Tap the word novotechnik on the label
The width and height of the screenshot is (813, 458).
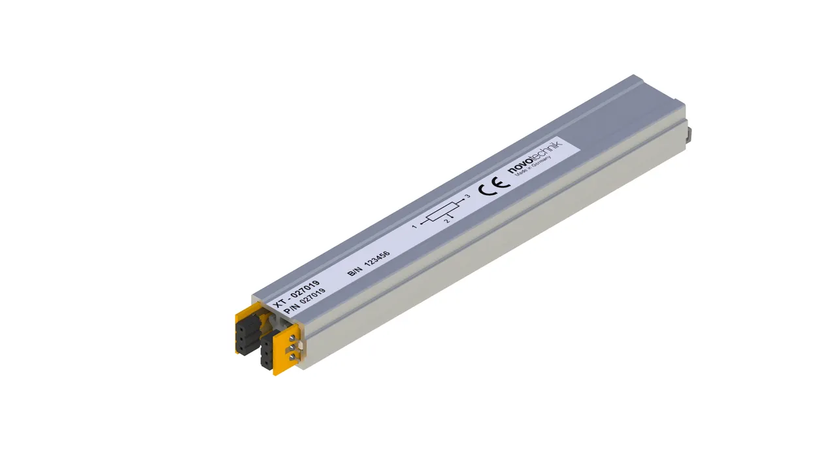tap(535, 158)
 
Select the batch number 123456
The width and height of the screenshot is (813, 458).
tap(377, 258)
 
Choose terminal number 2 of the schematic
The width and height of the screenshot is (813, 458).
tap(447, 222)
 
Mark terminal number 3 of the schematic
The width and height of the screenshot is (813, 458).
tap(467, 196)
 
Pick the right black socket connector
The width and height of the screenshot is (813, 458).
tap(267, 353)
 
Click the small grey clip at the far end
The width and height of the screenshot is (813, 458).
tap(689, 134)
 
